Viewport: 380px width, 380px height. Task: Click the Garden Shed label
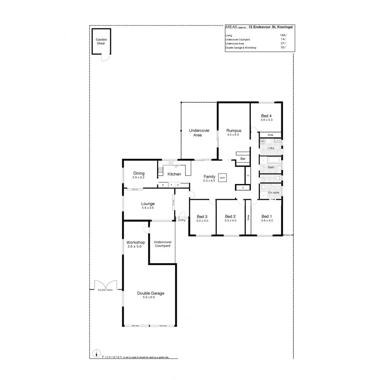tap(101, 41)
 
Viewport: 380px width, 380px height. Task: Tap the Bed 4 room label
tap(266, 116)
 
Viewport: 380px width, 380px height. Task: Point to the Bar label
tap(243, 159)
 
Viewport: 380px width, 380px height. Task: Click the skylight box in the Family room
tap(223, 178)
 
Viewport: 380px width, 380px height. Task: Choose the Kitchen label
tap(174, 174)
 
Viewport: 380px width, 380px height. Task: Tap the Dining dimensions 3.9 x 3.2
tap(138, 177)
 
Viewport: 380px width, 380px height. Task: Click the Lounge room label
tap(148, 204)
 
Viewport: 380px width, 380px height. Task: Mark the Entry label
tap(182, 220)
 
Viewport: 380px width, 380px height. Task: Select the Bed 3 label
tap(202, 216)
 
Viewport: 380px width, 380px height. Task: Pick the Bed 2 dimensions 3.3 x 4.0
tap(231, 220)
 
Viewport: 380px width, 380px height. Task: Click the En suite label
tap(273, 193)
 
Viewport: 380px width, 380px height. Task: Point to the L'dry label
tap(271, 148)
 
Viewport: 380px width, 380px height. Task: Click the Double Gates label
tap(105, 290)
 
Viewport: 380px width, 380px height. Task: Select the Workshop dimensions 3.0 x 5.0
tap(136, 246)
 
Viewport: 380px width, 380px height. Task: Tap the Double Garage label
tap(150, 293)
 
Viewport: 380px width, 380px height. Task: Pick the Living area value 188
tap(283, 35)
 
